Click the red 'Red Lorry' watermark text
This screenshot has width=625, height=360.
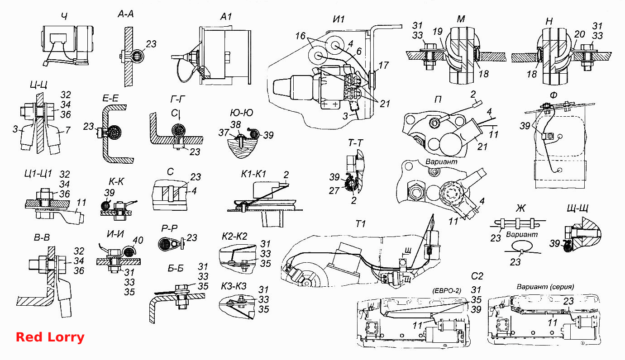pos(50,337)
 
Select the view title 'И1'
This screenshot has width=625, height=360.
pos(339,19)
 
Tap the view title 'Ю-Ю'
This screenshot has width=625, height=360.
pos(241,113)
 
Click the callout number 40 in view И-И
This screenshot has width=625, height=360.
pos(138,240)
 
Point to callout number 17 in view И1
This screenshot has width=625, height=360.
pos(383,66)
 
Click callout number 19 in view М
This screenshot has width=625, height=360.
pos(438,32)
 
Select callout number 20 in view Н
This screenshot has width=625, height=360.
pos(580,34)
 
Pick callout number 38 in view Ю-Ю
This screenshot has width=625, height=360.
pos(235,125)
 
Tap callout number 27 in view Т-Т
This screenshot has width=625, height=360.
pos(334,191)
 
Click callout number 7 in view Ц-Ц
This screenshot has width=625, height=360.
pos(68,130)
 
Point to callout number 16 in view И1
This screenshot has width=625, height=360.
pos(301,36)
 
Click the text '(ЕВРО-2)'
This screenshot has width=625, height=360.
pos(446,291)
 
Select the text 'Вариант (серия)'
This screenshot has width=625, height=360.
pos(545,287)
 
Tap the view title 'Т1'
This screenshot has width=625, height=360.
pos(361,224)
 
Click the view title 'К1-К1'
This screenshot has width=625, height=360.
pos(253,174)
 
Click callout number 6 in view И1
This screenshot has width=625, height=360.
pos(359,51)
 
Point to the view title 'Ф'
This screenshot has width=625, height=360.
pos(553,95)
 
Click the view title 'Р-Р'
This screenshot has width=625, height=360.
pos(169,229)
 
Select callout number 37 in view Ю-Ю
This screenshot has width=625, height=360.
pos(224,133)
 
